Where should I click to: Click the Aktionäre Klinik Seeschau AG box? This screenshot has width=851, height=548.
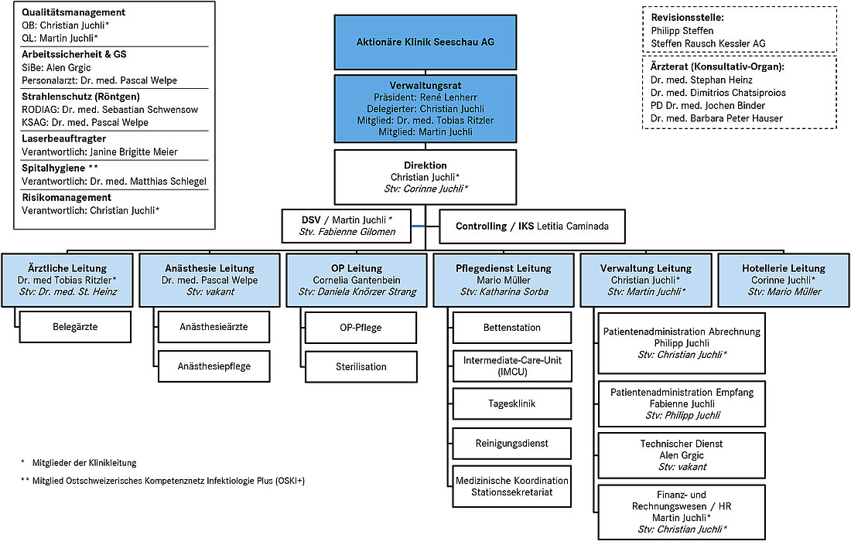(425, 43)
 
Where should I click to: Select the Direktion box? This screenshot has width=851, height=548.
(425, 177)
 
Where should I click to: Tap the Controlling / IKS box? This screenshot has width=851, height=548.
(532, 226)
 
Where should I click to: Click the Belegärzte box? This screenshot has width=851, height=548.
(76, 327)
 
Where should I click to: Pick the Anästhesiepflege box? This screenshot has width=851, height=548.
(214, 366)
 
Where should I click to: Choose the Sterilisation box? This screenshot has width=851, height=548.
(361, 367)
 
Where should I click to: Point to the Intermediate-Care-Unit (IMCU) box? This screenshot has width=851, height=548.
(512, 366)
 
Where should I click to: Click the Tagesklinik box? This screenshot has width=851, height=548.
(512, 403)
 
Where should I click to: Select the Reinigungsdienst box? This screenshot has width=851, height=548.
(512, 444)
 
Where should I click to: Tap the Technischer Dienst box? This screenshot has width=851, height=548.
(682, 455)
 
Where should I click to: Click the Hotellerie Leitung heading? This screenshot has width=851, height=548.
(784, 268)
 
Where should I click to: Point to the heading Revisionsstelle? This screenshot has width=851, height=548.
(688, 17)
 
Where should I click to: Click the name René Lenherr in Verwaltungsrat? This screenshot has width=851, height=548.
(448, 97)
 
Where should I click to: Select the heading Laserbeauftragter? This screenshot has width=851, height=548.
(64, 139)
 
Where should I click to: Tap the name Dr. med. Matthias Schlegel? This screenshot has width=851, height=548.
(149, 182)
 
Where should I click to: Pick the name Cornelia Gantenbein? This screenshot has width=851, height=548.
(357, 281)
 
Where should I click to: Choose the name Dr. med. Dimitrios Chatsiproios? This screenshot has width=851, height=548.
(718, 93)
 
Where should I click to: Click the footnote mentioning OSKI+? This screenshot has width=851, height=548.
(162, 481)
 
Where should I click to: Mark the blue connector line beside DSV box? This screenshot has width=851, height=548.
(419, 226)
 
